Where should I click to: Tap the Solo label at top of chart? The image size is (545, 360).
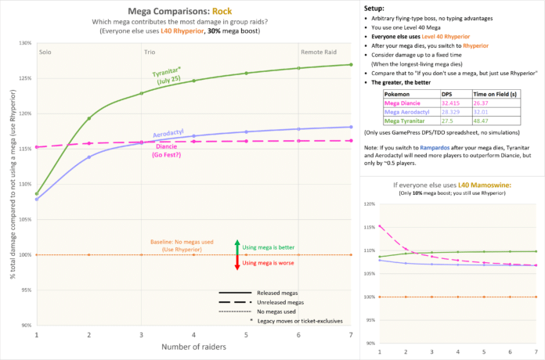47,50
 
